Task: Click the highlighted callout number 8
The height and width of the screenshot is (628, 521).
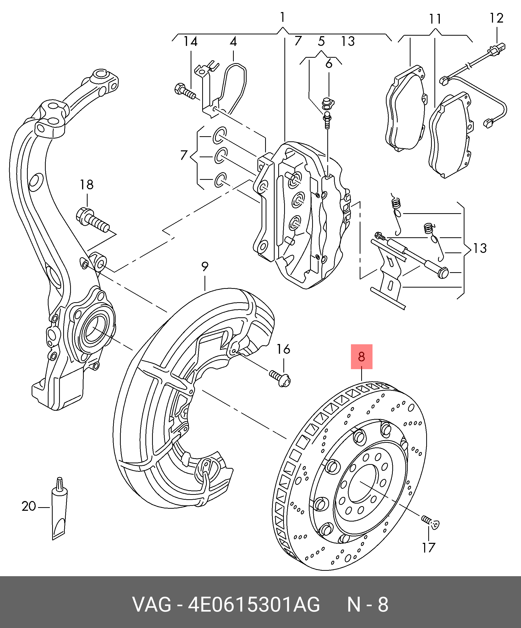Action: pos(361,357)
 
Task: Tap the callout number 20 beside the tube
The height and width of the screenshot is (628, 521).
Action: pos(29,506)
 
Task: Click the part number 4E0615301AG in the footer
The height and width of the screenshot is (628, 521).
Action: pos(254,605)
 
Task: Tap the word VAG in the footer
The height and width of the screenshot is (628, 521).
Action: pos(152,605)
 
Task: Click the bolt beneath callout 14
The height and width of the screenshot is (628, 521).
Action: pos(184,91)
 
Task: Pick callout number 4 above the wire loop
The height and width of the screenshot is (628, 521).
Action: pos(233,42)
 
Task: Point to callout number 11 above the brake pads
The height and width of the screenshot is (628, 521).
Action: pos(435,19)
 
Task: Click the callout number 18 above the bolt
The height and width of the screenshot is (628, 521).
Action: pos(87,184)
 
